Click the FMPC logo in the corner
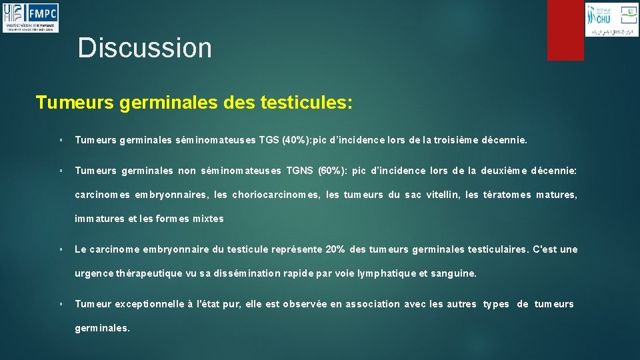pyautogui.click(x=31, y=17)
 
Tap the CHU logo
pyautogui.click(x=610, y=19)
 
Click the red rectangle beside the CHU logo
pyautogui.click(x=565, y=29)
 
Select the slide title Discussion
pyautogui.click(x=145, y=48)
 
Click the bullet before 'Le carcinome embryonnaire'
pyautogui.click(x=61, y=249)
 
